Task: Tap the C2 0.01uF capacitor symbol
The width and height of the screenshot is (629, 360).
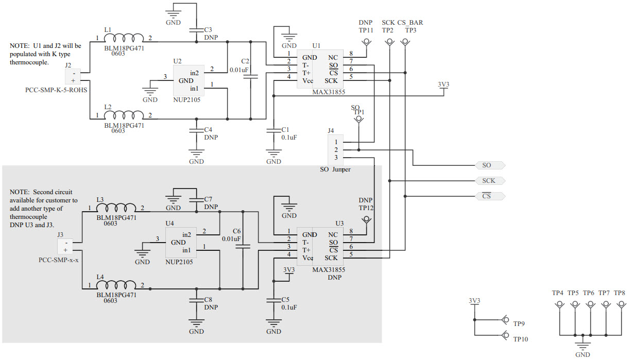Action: tap(251, 77)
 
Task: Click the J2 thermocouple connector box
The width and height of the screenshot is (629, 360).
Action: tap(73, 76)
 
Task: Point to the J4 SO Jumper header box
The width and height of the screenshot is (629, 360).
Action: tap(335, 149)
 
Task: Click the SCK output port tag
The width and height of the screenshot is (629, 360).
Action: tap(489, 181)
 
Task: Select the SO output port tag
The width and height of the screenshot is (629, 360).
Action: tap(489, 165)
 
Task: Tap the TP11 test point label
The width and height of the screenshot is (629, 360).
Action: tap(366, 30)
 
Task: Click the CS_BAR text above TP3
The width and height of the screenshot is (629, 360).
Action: tap(410, 23)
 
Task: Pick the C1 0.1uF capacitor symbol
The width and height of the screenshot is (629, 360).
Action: tap(273, 130)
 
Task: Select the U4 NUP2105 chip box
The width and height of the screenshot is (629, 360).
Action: tap(180, 243)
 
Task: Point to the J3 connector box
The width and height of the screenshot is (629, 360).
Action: tap(66, 246)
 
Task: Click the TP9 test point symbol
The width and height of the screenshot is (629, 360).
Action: tap(505, 320)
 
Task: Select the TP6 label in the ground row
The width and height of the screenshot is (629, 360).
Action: tap(589, 293)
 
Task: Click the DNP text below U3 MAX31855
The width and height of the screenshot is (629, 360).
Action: tap(334, 277)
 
